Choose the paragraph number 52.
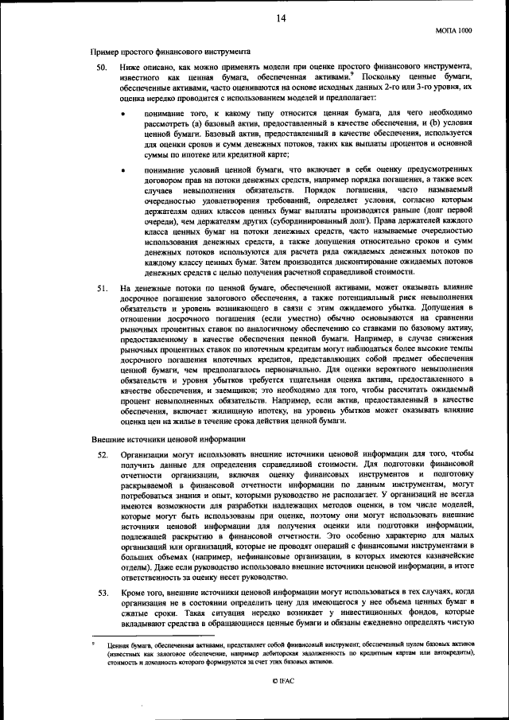tap(101, 454)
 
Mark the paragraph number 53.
tap(101, 593)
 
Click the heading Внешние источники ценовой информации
tap(150, 438)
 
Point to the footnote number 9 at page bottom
tap(92, 640)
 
